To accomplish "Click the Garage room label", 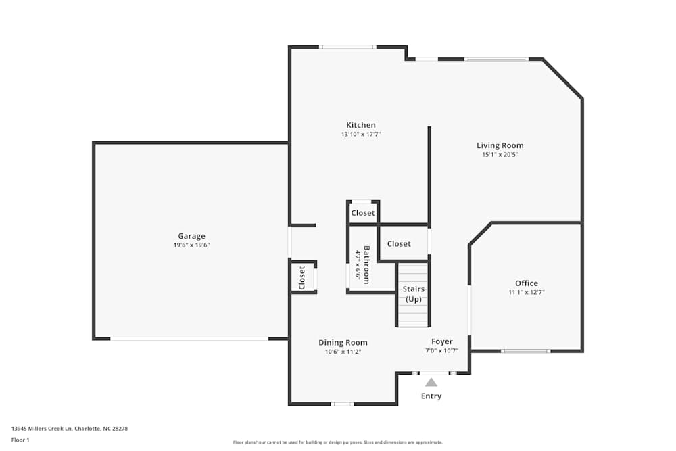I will click(x=191, y=236).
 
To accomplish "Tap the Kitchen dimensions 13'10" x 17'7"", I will click(x=361, y=135).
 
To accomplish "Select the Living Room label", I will click(x=500, y=145).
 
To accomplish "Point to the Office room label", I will click(x=526, y=283).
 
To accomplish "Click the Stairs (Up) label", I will click(x=413, y=294).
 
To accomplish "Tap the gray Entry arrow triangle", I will click(x=431, y=382).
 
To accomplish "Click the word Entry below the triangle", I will click(x=431, y=396).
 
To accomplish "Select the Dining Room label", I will click(x=343, y=343).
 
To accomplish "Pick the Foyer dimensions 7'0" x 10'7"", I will click(x=442, y=351).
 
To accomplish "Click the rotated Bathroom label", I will click(x=366, y=264).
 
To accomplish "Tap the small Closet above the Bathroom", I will click(x=363, y=213).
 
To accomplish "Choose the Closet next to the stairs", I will click(x=399, y=243).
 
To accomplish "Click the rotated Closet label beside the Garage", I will click(x=302, y=277).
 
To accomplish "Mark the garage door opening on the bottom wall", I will click(x=189, y=338).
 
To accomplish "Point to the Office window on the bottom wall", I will click(x=525, y=351).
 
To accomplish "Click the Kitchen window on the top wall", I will click(x=347, y=47).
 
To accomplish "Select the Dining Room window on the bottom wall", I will click(x=342, y=404).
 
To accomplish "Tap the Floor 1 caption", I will click(x=20, y=440).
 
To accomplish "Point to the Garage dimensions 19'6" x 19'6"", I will click(x=191, y=245).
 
